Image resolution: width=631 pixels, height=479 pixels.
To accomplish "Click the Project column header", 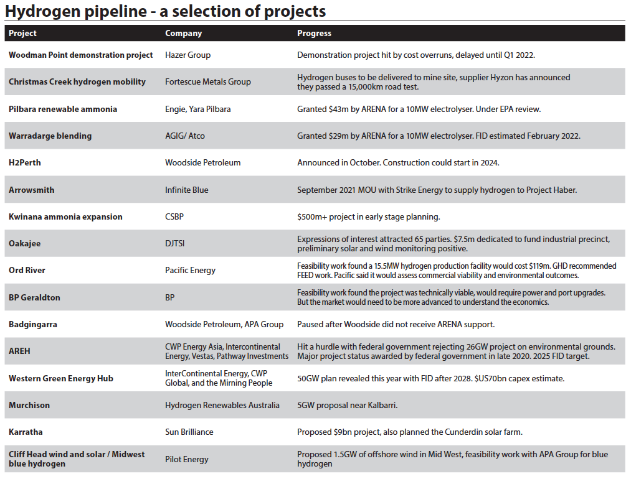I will point(22,33).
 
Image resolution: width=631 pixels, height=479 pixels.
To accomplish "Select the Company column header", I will point(183,33).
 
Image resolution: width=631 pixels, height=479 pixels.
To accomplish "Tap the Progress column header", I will point(314,33).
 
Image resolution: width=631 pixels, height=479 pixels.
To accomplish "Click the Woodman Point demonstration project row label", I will point(80,55).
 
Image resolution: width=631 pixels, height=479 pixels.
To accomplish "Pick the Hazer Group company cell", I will point(187,55).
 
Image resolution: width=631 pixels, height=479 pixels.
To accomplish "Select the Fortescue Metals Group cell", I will point(207,81).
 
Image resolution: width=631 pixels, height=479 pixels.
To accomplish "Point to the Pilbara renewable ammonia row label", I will point(63,109).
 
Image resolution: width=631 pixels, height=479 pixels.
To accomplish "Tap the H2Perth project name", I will point(25,162).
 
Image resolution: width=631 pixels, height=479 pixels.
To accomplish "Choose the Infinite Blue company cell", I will point(186,190).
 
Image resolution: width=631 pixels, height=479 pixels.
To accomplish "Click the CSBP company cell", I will point(175,216).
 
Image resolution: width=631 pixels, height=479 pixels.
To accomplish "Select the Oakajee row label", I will point(24,243).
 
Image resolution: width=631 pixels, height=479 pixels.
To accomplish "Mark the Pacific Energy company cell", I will point(190,270).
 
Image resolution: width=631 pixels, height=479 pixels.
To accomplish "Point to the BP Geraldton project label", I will point(34,297).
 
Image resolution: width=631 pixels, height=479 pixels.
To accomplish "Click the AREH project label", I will point(19,351).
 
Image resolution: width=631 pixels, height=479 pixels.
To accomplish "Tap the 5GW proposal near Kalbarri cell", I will point(347,405).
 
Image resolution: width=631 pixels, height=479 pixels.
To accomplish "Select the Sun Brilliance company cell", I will point(189,432).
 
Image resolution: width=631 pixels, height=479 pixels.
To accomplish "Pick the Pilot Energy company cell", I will point(186,459).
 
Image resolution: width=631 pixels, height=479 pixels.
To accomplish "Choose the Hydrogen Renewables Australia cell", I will point(222,405).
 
